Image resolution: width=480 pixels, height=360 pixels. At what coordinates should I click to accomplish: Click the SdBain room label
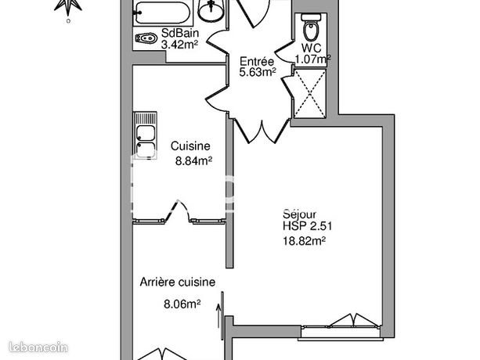(179, 34)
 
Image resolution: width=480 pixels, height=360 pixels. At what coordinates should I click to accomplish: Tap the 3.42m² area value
(179, 45)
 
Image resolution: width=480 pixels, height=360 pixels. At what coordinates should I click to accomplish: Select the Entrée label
(257, 61)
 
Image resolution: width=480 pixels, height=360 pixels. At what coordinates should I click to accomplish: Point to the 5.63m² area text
(258, 73)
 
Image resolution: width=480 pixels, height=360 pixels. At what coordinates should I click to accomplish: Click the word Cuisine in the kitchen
(190, 146)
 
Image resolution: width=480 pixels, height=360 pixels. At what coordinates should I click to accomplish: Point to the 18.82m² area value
(305, 242)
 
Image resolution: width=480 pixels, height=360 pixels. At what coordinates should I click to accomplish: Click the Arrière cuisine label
(178, 283)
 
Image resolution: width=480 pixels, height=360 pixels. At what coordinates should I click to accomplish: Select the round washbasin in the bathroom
(210, 11)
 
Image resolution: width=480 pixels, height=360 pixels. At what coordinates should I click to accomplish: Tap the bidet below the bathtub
(146, 38)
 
